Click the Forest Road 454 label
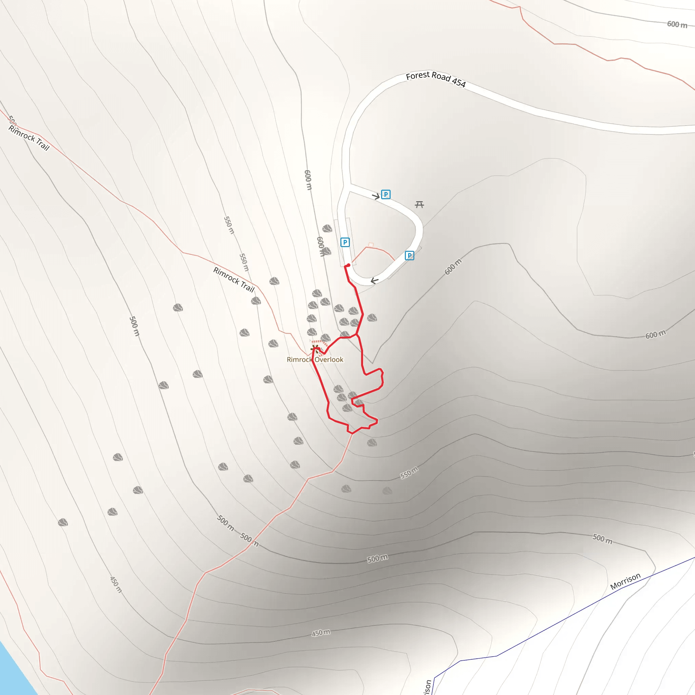436,79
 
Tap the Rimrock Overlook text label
315,359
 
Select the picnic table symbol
419,205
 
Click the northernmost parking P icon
386,194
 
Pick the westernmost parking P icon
345,242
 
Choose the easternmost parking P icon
409,256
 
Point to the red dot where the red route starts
348,265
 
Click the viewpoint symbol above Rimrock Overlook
315,348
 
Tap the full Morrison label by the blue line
625,581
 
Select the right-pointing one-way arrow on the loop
376,196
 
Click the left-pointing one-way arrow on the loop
375,281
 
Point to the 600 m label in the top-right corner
677,24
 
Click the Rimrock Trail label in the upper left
29,138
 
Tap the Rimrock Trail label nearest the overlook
234,280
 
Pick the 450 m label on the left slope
116,585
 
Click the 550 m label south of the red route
409,473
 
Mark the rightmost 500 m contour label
602,539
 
